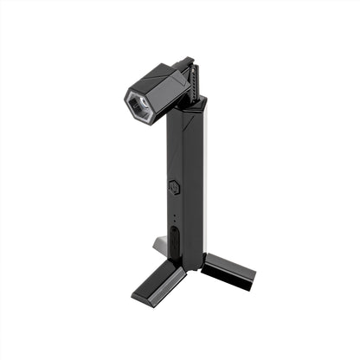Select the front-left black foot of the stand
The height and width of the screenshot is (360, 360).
point(157,282)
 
